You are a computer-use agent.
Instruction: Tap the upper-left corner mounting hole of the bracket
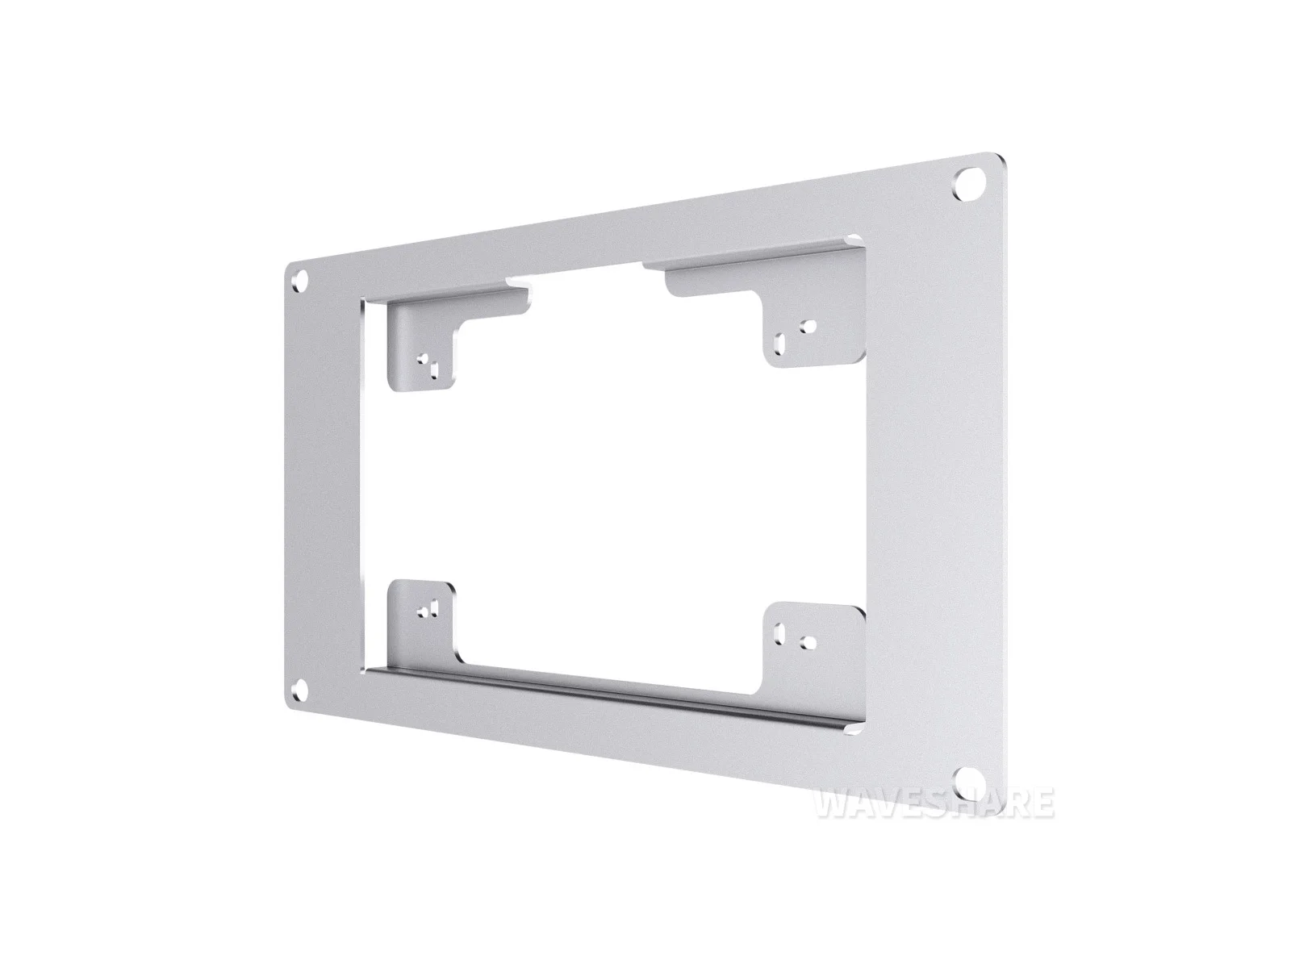tap(301, 278)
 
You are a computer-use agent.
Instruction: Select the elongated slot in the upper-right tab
tap(779, 344)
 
